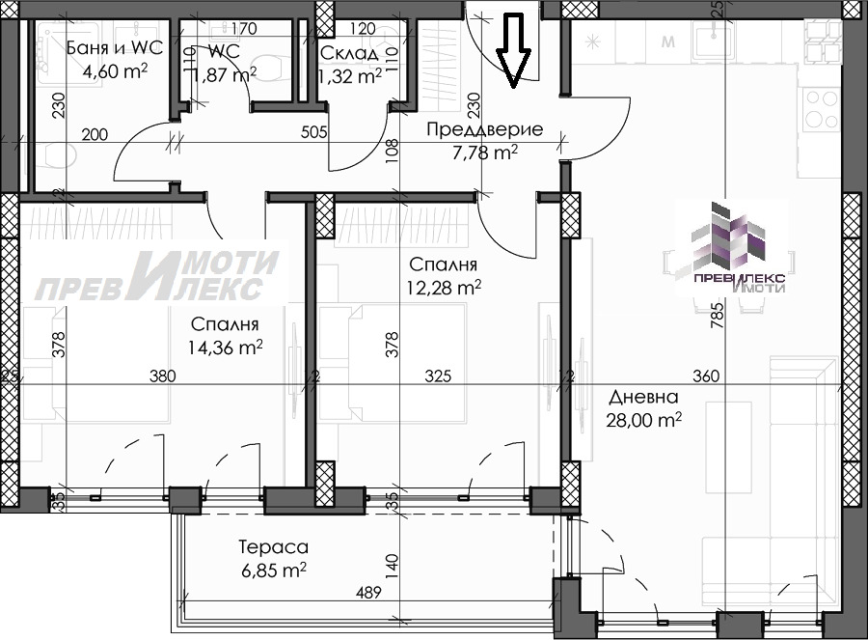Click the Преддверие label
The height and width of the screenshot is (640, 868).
click(486, 129)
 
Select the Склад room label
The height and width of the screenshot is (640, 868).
click(350, 52)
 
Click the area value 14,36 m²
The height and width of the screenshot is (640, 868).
click(228, 347)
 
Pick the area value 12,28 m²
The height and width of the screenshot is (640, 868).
click(445, 287)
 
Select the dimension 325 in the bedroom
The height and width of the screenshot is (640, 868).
click(439, 376)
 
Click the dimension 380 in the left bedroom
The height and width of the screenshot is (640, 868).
click(162, 376)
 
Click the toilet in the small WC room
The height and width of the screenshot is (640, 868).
click(269, 65)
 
